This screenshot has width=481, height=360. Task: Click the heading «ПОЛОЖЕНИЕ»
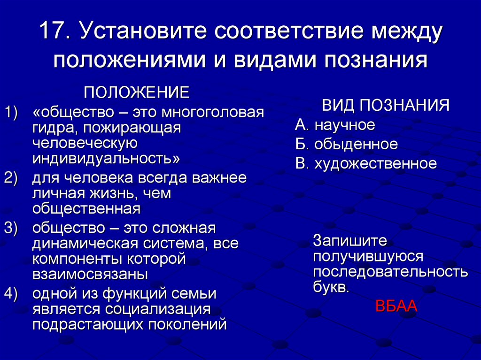pyautogui.click(x=137, y=92)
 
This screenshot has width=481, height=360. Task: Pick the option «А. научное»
pyautogui.click(x=335, y=125)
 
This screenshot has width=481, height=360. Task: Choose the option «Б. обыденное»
pyautogui.click(x=347, y=144)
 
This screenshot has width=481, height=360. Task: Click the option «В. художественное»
pyautogui.click(x=366, y=163)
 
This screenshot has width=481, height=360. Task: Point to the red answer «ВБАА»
pyautogui.click(x=396, y=306)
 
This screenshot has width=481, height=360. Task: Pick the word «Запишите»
pyautogui.click(x=350, y=241)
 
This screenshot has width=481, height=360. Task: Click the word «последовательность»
pyautogui.click(x=390, y=272)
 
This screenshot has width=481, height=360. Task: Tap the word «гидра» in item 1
pyautogui.click(x=51, y=128)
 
